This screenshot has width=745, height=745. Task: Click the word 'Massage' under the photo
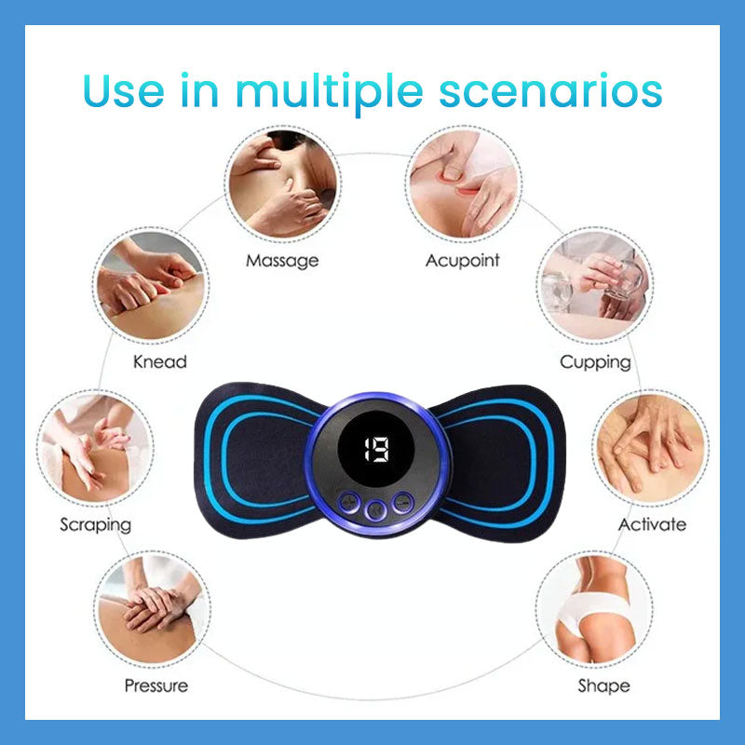pos(282,261)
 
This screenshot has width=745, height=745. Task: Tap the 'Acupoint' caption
pos(462,261)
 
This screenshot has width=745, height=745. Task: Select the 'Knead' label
pos(159,361)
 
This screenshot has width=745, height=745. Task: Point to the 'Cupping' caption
pos(595,361)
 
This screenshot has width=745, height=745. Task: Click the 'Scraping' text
pos(96,524)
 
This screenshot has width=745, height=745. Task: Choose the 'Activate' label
pos(652,524)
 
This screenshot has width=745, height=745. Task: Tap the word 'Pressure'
pos(156,686)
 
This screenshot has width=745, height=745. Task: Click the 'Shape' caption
pos(603,686)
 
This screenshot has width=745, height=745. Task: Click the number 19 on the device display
pos(376,450)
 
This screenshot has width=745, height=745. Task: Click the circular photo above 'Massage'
pos(282,182)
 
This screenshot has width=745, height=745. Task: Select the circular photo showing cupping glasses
pos(595,284)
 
